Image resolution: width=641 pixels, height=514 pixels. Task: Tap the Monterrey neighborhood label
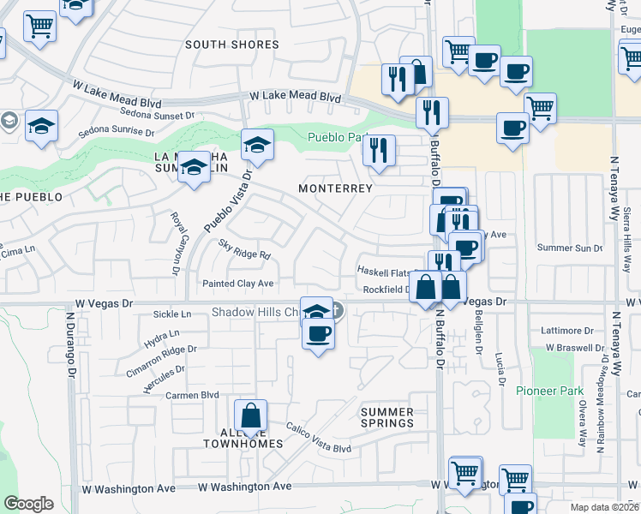[x=335, y=188]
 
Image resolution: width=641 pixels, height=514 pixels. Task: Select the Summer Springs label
[x=386, y=417]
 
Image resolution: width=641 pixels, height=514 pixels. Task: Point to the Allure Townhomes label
[x=243, y=437]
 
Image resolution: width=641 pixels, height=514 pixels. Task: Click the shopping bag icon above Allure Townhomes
[x=250, y=416]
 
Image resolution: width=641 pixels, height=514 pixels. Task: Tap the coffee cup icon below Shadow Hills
[x=318, y=332]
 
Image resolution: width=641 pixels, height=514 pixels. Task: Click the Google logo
[x=28, y=503]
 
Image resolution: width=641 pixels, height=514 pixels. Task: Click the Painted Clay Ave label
[x=237, y=284]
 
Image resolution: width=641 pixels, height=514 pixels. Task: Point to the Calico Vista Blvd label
[x=319, y=437]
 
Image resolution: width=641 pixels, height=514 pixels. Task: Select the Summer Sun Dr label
[x=570, y=248]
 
